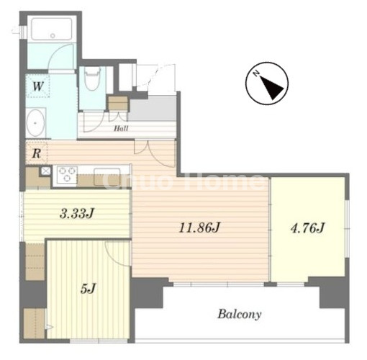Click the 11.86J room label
pos(199,228)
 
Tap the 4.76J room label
pos(308,228)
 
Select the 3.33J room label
pos(77,213)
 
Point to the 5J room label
pos(89,289)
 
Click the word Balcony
pos(240,314)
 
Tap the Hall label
pos(121,128)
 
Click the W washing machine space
pos(37,86)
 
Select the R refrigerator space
pos(37,153)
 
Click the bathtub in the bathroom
pos(52,29)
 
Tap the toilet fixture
pos(93,78)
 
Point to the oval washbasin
pos(36,123)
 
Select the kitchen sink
pos(107,177)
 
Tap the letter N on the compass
pos(257,73)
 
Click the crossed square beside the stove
pos(45,171)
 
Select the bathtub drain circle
pos(53,36)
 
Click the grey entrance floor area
pos(153,108)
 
